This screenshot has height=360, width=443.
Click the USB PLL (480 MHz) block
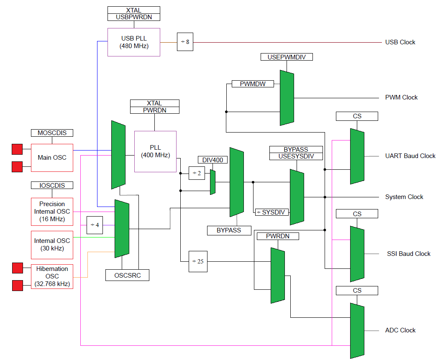pos(134,42)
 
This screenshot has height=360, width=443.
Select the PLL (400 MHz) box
pos(155,151)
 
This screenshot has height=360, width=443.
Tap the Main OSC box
pos(52,158)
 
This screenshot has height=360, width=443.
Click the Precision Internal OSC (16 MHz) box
pos(52,211)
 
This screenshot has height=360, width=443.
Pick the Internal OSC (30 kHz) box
pos(52,244)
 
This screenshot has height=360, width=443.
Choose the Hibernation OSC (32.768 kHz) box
pos(52,276)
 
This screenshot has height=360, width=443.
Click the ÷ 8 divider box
pos(185,42)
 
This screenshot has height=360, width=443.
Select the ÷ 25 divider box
pos(198,261)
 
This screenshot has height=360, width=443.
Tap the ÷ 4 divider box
pos(95,225)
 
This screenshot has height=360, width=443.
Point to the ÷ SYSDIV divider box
pos(272,212)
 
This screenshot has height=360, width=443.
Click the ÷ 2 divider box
pos(197,173)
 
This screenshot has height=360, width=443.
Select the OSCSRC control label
pos(127,275)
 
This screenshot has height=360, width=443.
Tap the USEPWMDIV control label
pos(287,57)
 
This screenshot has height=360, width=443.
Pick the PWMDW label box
pos(253,84)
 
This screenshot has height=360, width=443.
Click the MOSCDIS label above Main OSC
pos(52,133)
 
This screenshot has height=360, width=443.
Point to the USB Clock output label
pos(400,42)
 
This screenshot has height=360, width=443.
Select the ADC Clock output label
pos(400,330)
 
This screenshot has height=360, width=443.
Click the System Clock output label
pos(404,197)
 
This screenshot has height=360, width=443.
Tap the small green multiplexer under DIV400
pos(213,182)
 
